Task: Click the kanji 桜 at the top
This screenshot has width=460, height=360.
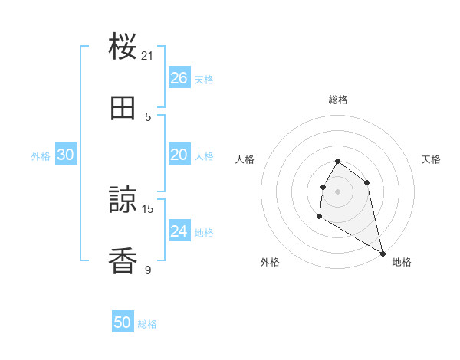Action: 123,47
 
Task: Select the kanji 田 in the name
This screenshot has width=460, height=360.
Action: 123,109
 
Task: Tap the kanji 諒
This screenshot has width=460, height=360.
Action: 123,201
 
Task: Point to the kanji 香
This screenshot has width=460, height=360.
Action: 123,262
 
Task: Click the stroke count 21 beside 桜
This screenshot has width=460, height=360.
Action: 148,55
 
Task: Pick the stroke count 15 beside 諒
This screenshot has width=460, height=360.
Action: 148,208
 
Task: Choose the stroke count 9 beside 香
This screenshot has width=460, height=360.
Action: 148,270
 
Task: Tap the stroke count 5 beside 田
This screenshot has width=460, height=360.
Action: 148,116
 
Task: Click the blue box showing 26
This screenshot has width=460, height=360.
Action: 179,78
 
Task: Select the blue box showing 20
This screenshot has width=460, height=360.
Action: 179,155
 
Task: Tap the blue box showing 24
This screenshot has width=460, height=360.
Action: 179,231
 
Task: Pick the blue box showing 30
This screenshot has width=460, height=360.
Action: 65,155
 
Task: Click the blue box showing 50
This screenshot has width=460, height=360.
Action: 123,322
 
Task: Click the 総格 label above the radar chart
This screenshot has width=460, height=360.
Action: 338,100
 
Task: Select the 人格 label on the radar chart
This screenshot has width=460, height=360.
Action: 245,159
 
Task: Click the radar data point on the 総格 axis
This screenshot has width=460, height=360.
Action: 338,161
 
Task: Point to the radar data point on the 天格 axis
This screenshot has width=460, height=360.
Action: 367,182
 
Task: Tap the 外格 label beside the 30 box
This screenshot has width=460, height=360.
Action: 41,155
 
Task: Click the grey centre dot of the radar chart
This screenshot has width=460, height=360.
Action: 338,191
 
